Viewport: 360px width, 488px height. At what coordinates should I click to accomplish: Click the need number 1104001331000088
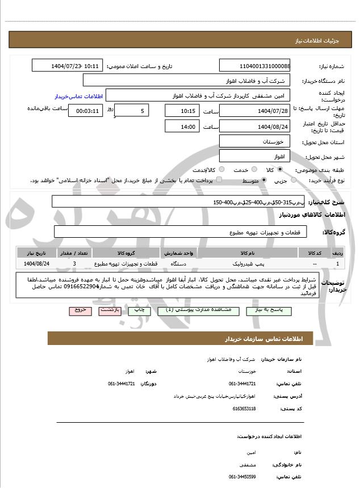(255, 66)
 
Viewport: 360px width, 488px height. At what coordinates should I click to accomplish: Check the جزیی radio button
(293, 180)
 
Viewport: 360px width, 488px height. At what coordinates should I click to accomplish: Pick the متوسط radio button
(264, 180)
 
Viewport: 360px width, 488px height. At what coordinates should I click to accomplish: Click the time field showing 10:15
(182, 110)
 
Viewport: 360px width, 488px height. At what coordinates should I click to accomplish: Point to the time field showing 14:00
(182, 127)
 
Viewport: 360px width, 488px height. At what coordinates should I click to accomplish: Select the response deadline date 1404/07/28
(255, 110)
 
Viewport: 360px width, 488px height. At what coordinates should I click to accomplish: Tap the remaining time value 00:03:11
(85, 110)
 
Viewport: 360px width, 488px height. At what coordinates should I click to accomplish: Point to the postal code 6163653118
(244, 408)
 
